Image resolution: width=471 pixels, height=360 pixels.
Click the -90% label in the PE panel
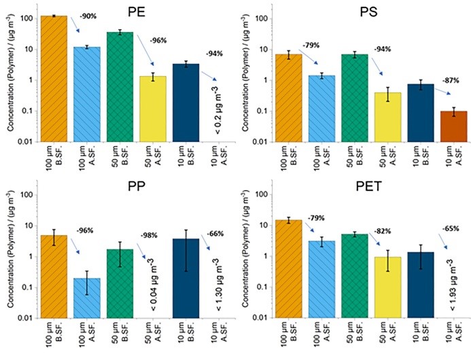(x=88, y=15)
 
